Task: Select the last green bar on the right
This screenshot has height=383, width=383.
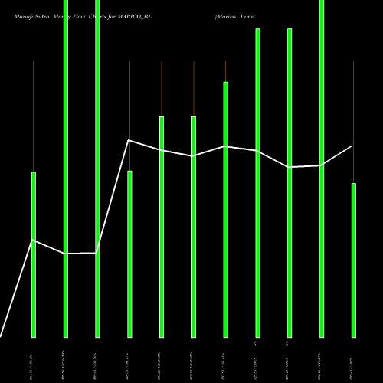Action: [x=353, y=260]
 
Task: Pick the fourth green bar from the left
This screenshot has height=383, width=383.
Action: [x=129, y=254]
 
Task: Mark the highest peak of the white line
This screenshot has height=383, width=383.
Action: [x=129, y=140]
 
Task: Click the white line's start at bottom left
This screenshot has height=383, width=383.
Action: [x=2, y=336]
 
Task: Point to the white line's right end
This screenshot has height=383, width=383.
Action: [x=352, y=146]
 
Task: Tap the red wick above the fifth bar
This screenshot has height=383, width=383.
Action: [x=162, y=88]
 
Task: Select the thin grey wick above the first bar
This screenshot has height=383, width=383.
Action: [x=34, y=115]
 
